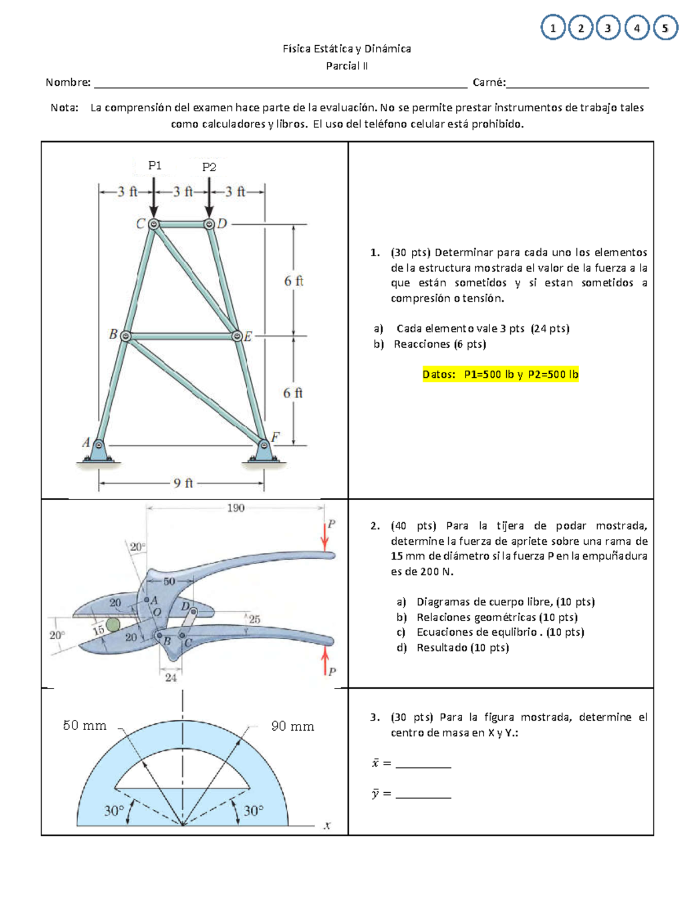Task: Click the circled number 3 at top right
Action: tap(608, 28)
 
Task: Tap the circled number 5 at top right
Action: tap(665, 28)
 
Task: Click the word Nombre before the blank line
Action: tap(68, 82)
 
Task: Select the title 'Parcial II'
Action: tap(346, 66)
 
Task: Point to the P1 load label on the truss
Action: tap(155, 166)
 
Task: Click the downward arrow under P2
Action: tap(209, 197)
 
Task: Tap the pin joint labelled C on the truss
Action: tap(153, 224)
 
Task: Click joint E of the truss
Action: tap(237, 336)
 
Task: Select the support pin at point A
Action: tap(98, 446)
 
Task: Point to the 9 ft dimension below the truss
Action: tap(183, 483)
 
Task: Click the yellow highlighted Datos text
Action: tap(500, 374)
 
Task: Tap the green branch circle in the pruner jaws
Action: tap(113, 624)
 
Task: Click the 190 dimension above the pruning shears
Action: tap(235, 508)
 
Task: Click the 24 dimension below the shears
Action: tap(170, 677)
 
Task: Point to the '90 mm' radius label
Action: tap(292, 726)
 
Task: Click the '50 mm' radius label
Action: tap(85, 726)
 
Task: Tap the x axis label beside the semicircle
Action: tap(327, 826)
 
